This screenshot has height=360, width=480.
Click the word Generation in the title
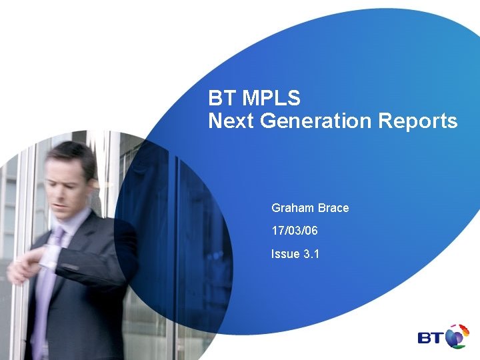[x=313, y=121]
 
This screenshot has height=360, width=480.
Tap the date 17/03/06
[x=295, y=231]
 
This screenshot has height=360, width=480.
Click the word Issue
[x=285, y=253]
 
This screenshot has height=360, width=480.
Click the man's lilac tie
[x=48, y=280]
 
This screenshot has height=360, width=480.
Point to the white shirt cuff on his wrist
[x=48, y=257]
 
